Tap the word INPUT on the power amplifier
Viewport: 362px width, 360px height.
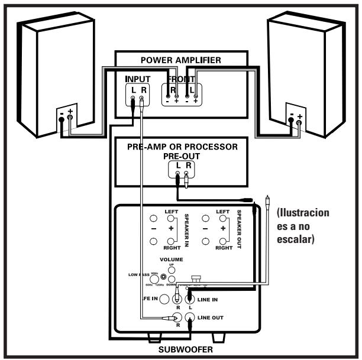pyautogui.click(x=137, y=78)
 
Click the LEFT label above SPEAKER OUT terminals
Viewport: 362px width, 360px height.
pyautogui.click(x=223, y=211)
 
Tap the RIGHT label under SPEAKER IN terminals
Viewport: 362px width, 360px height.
pyautogui.click(x=172, y=249)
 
